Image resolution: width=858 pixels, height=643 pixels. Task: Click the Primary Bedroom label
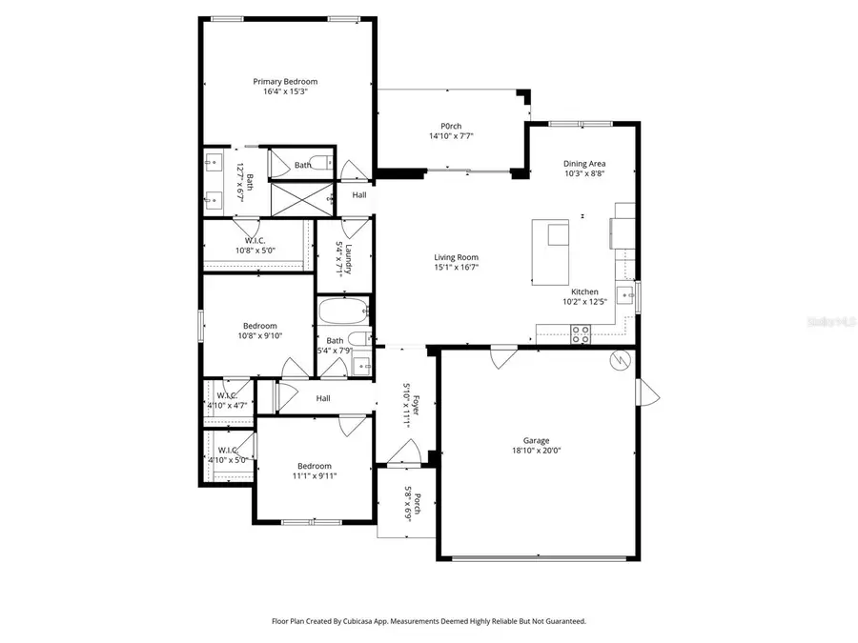(x=285, y=81)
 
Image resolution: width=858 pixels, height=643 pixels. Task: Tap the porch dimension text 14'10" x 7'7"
(x=451, y=137)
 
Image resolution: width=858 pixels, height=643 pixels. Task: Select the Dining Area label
(x=584, y=163)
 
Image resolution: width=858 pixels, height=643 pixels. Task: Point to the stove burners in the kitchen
(x=580, y=332)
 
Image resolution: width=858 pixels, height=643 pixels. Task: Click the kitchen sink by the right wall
(x=626, y=294)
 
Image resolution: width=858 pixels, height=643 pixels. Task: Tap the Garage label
(x=536, y=440)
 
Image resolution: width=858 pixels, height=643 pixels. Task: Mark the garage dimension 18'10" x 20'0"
(x=536, y=452)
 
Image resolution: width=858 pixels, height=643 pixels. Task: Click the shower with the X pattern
(x=300, y=198)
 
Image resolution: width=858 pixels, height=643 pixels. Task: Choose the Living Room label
(x=456, y=257)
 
